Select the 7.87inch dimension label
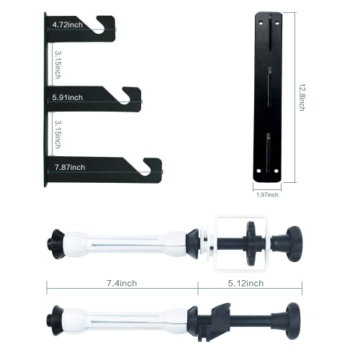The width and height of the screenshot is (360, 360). pos(70,167)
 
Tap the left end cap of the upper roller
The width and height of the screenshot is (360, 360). pos(54,237)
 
